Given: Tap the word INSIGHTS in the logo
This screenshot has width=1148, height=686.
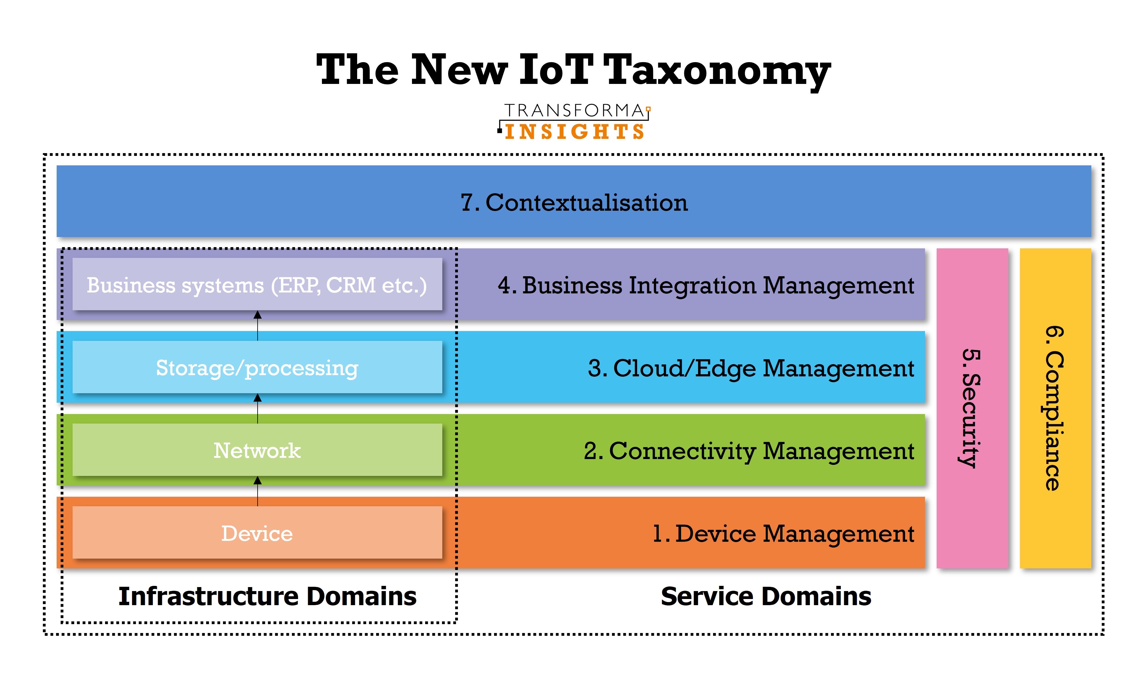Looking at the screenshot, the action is pos(575,132).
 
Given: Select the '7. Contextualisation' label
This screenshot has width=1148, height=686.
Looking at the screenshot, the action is pos(574,202).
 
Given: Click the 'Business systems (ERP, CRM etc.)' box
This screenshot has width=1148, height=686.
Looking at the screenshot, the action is pos(257,284).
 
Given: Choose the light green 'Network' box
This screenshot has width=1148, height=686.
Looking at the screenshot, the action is pos(257,450).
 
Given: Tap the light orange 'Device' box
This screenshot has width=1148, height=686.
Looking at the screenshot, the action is pos(257,533).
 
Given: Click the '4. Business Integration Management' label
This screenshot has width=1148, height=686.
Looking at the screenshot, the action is pos(705,285).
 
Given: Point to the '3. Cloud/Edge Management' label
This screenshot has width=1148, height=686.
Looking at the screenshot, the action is pos(751,368).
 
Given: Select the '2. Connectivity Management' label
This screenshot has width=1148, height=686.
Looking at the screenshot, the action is pos(749,451).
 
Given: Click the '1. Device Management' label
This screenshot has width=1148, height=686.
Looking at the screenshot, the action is pos(783,534).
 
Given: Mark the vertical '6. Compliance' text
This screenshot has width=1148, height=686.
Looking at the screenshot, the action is pos(1054,408).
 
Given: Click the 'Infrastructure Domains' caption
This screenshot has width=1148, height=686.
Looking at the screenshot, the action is pos(267,596).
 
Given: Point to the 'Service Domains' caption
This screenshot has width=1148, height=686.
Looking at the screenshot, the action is pos(766,596).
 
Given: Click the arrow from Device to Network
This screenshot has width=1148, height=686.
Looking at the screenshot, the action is pos(258,491).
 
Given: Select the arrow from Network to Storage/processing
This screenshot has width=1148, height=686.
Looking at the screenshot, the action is pos(258,408).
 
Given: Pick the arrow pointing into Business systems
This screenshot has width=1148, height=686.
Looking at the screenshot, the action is pos(258,326).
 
